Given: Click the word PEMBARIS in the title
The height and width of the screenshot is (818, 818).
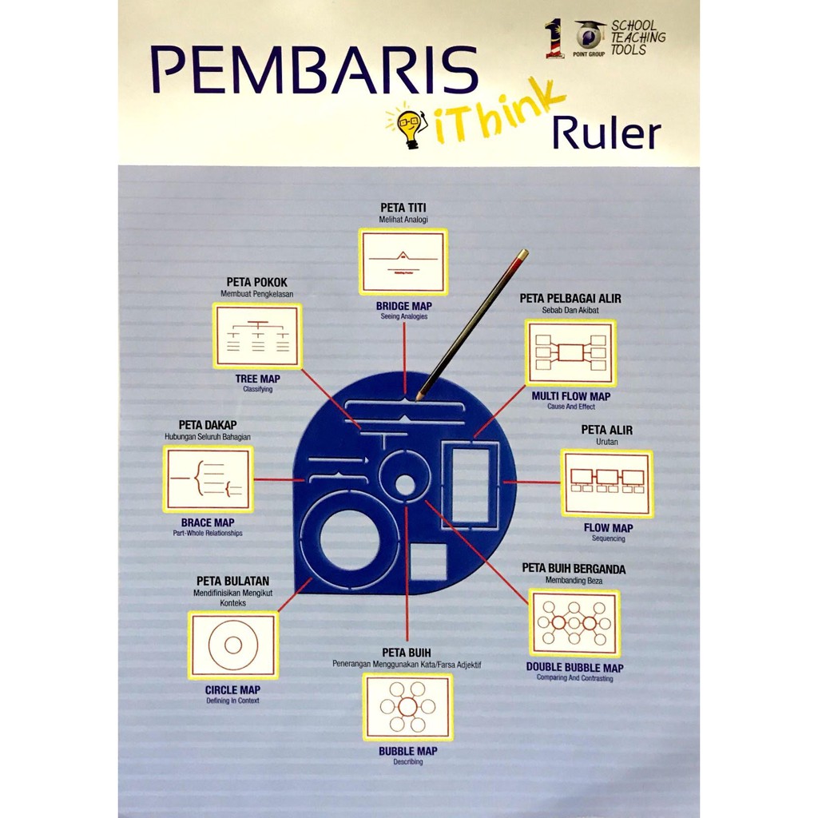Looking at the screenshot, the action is (x=314, y=69).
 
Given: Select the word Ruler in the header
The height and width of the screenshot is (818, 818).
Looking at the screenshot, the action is (x=607, y=133).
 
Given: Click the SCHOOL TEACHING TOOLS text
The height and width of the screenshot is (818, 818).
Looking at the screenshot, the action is (x=637, y=38).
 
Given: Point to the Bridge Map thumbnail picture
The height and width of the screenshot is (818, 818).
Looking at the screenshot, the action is (x=403, y=262).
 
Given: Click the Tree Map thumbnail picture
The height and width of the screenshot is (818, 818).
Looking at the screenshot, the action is (x=257, y=336).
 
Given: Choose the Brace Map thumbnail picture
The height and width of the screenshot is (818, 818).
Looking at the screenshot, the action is (x=208, y=478).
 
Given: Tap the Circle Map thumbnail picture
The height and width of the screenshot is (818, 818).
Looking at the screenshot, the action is (x=233, y=645).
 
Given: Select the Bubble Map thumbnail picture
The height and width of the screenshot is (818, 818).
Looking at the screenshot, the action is (x=407, y=706).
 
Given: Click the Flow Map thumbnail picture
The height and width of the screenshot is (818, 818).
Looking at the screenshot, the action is (x=607, y=482).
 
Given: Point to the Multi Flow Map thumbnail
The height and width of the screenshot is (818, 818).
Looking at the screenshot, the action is (x=570, y=352).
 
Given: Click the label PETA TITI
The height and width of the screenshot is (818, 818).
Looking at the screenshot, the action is (x=403, y=208).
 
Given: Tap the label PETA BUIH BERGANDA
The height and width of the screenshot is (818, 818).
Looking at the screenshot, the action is (x=574, y=568).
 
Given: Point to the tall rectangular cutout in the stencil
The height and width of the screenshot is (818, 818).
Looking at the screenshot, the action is (x=471, y=486).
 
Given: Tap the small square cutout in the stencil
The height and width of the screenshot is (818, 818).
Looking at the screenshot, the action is (x=428, y=562).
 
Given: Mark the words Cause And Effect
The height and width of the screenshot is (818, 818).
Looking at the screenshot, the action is (x=571, y=407).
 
